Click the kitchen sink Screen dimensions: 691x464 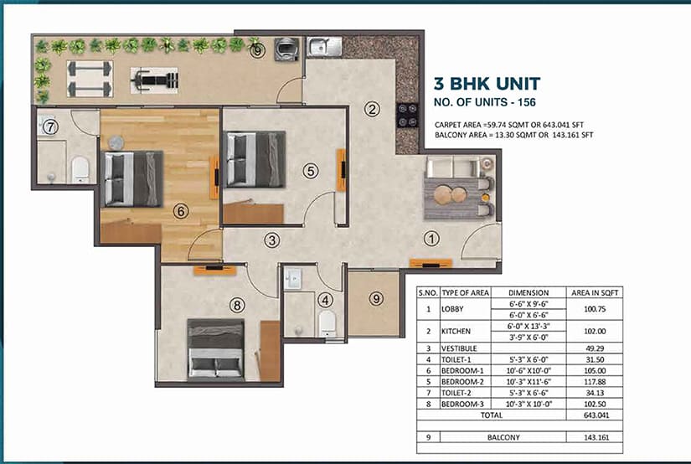point(324,46)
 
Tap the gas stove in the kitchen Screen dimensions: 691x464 point(407,116)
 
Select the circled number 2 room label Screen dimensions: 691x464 point(373,109)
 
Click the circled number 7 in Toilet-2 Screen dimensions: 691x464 point(51,127)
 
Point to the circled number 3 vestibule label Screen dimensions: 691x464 point(272,240)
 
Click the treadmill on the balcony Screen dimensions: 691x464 point(154,80)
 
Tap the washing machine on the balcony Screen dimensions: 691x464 point(286,49)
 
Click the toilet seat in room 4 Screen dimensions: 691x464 point(327,324)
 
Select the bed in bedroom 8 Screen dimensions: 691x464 point(216,350)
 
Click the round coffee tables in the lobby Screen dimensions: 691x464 point(450,194)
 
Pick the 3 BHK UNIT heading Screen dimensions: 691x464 point(487,84)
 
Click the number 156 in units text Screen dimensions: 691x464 point(527,102)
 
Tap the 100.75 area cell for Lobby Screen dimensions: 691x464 point(595,309)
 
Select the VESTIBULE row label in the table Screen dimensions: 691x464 point(459,348)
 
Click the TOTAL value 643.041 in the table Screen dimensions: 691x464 point(596,415)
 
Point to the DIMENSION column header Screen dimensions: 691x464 point(529,292)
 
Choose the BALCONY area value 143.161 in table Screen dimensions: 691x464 point(596,437)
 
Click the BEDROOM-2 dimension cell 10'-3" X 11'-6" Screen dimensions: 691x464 point(529,382)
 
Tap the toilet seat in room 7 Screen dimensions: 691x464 point(80,169)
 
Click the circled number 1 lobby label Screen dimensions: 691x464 point(432,239)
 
